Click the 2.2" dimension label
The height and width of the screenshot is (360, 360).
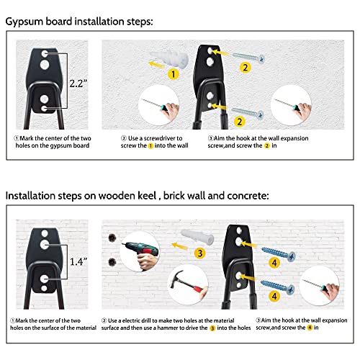[x=78, y=84]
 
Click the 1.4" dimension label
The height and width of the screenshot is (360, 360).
[x=78, y=261]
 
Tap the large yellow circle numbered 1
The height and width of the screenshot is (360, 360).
[x=173, y=74]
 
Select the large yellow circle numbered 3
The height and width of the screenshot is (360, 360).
[x=200, y=253]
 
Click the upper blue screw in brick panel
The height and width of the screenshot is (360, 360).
[x=279, y=254]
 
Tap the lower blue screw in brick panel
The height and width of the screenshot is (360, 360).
[x=278, y=287]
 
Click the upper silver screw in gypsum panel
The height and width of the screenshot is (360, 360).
[x=248, y=58]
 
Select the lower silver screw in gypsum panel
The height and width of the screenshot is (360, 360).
[x=248, y=113]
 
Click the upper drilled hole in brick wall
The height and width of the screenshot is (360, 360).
[x=112, y=238]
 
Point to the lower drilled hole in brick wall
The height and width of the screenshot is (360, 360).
[x=112, y=262]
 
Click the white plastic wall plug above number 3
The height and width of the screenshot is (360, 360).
[x=197, y=237]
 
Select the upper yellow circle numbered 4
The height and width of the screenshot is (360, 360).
[x=274, y=263]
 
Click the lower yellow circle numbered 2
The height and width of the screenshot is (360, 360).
[x=239, y=122]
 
